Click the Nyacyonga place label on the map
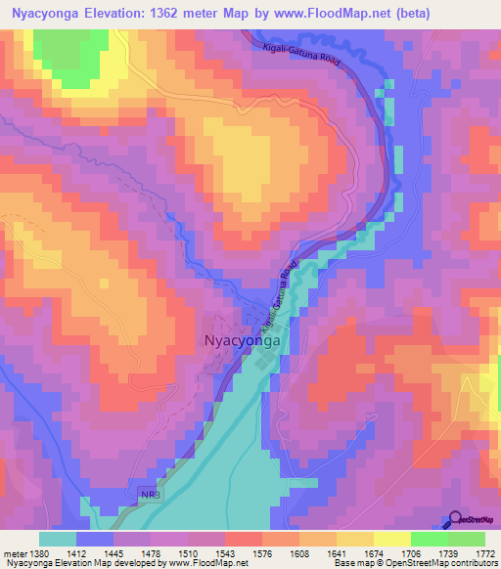(x=243, y=340)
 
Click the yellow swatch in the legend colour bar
(x=392, y=539)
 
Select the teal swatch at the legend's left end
(x=58, y=539)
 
